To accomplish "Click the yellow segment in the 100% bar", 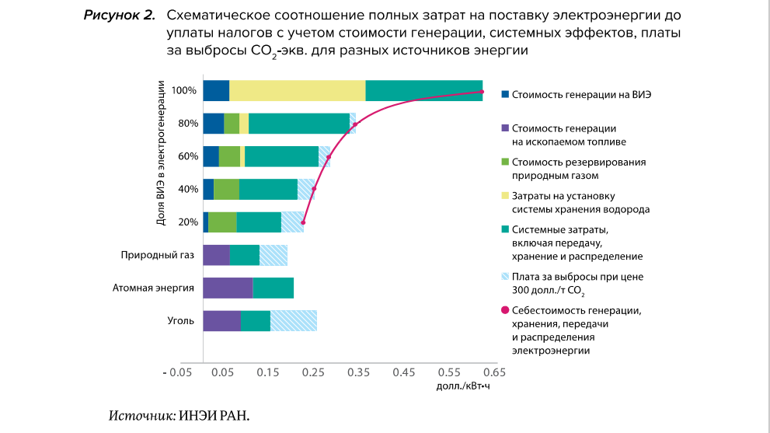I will (x=297, y=90).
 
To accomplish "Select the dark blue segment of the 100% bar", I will (x=216, y=90).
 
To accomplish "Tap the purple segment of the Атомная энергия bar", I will (x=228, y=288).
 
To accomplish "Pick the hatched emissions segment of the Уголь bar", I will (x=293, y=320).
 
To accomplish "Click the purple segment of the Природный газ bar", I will (x=216, y=255).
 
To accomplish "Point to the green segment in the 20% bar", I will (x=222, y=222).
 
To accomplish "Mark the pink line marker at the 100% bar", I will (x=482, y=92).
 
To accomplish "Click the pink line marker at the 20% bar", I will (x=302, y=222).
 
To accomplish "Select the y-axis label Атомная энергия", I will (x=153, y=288).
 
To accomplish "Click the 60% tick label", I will (x=188, y=156).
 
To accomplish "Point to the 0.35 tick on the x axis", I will (x=359, y=372).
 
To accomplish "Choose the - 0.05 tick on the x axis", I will (x=177, y=372).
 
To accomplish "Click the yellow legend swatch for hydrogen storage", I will (x=505, y=195).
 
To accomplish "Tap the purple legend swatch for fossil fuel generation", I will (x=505, y=128).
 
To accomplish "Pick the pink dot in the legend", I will (x=505, y=310).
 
